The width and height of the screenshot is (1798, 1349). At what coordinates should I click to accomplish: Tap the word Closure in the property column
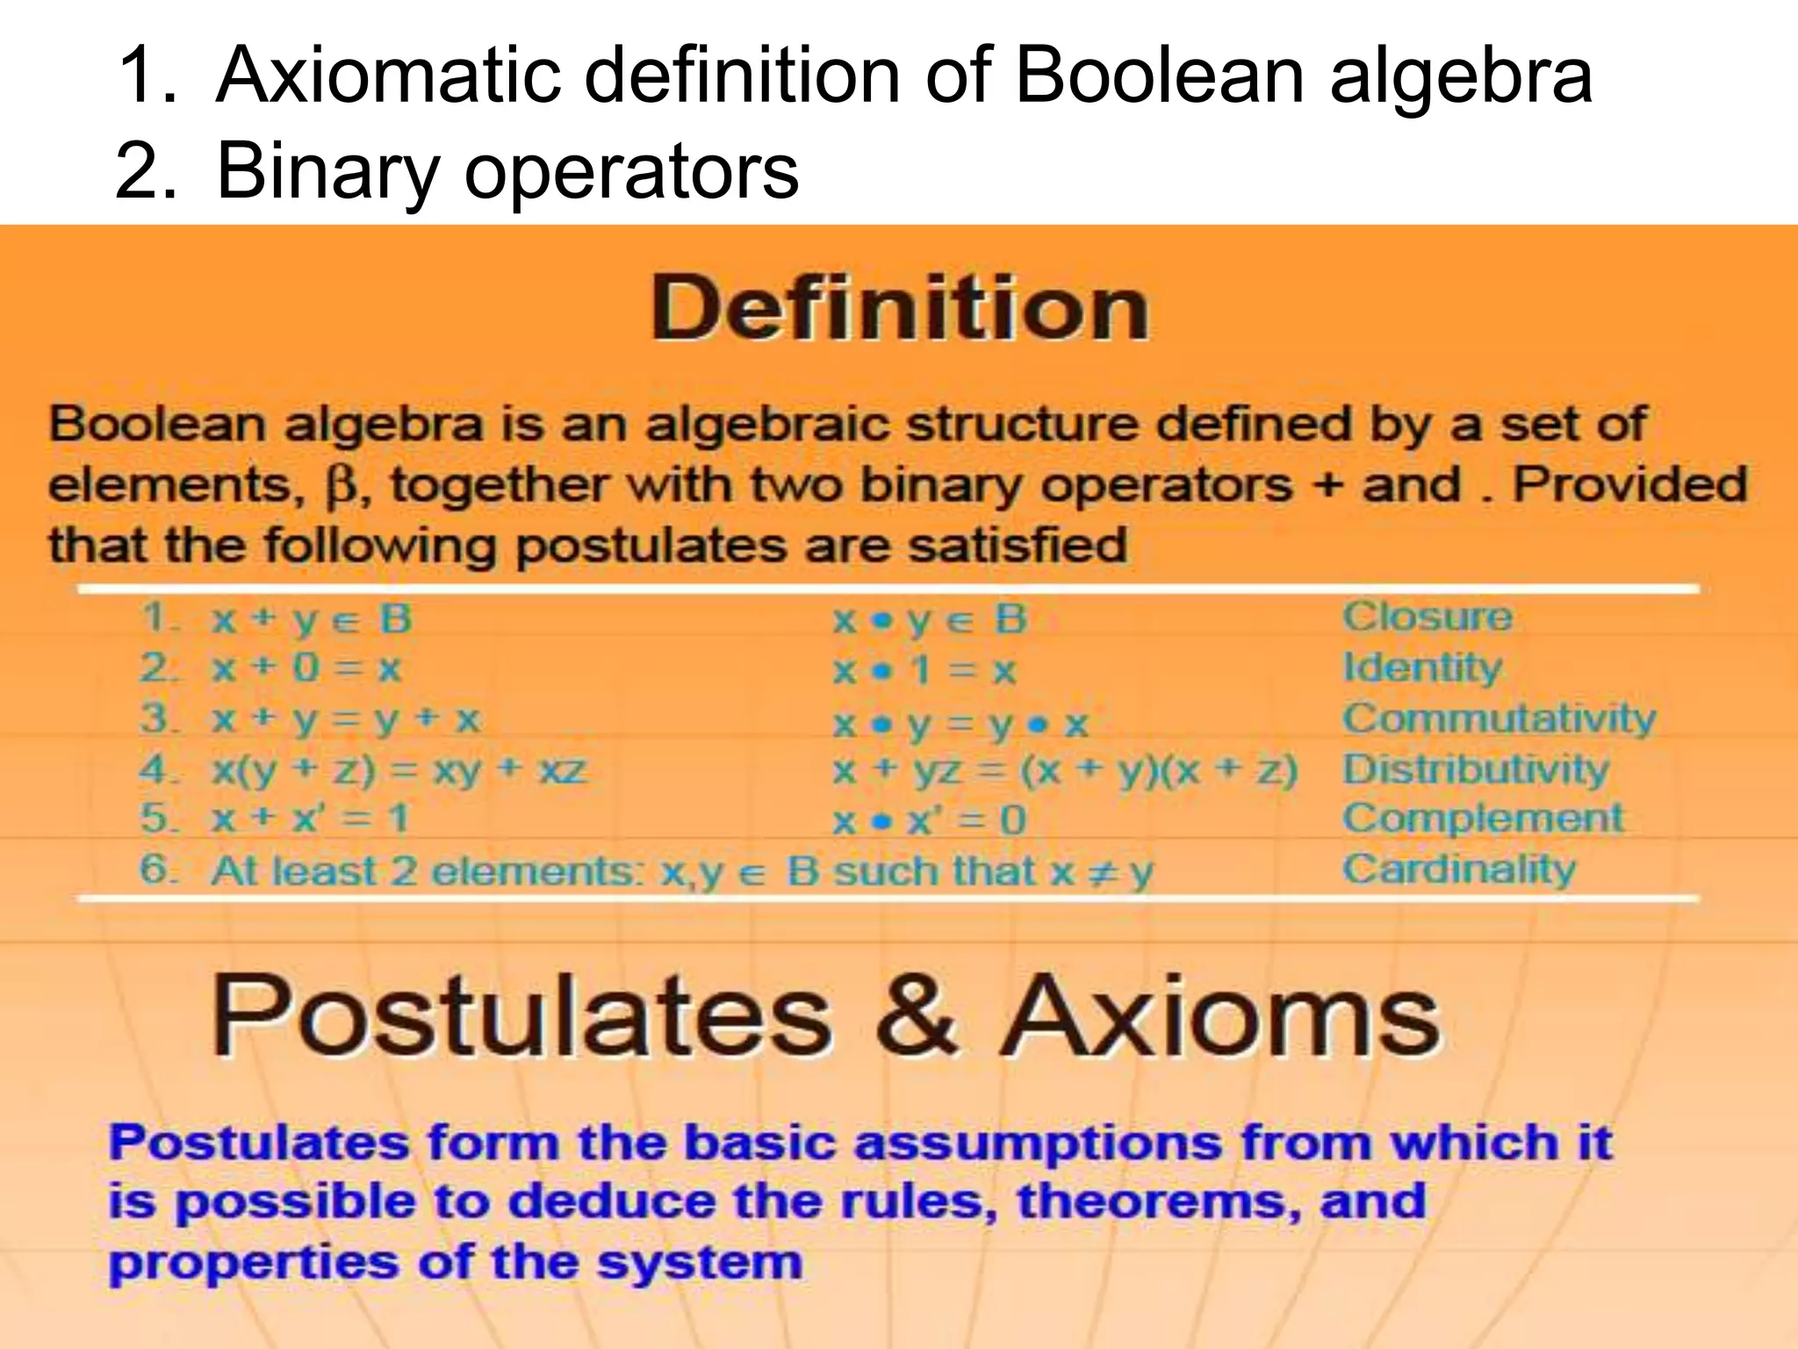[x=1428, y=617]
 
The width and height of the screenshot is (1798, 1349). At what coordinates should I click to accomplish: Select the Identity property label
[x=1422, y=667]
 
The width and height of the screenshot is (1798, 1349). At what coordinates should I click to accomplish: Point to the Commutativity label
[x=1500, y=718]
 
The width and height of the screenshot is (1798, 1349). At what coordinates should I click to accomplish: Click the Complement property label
[x=1483, y=819]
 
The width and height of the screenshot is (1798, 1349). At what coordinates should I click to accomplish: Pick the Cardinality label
[x=1459, y=869]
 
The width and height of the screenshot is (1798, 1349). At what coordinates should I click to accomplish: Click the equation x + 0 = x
[x=306, y=669]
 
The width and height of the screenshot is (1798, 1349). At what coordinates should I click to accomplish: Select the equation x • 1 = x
[x=924, y=672]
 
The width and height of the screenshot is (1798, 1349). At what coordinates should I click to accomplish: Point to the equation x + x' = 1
[x=311, y=819]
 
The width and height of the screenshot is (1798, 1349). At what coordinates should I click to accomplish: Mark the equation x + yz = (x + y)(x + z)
[x=1065, y=771]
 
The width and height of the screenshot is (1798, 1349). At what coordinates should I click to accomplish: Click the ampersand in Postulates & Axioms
[x=915, y=1014]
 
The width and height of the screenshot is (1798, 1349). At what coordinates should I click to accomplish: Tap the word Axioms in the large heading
[x=1221, y=1014]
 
